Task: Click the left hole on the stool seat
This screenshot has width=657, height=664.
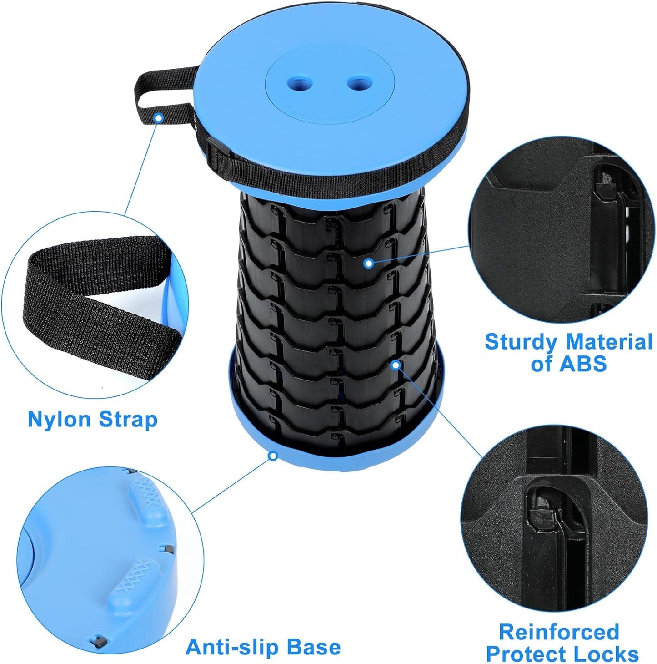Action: click(x=301, y=83)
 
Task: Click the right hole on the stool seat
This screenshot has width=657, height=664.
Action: click(x=360, y=83)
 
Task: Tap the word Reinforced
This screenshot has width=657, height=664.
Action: click(x=559, y=632)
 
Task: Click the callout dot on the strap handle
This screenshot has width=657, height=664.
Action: click(x=158, y=118)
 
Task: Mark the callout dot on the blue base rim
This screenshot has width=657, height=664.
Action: click(x=273, y=455)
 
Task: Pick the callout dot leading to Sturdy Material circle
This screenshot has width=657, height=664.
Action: click(x=369, y=263)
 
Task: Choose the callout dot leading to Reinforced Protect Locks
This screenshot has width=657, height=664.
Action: click(x=396, y=365)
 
